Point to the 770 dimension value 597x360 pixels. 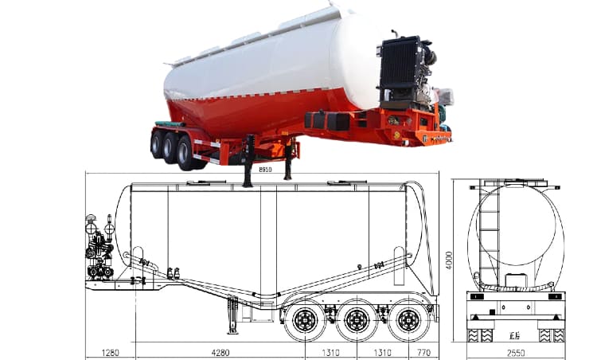point(422,351)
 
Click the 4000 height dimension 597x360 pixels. point(450,260)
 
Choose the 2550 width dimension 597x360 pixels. point(516,351)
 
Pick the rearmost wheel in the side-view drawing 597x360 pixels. point(408,320)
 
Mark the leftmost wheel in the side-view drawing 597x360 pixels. point(304,320)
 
